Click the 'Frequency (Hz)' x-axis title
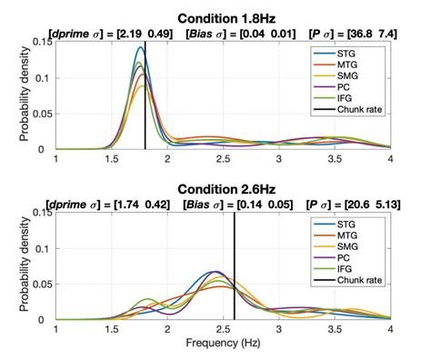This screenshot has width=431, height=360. click(x=223, y=346)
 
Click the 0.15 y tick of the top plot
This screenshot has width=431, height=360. click(x=40, y=42)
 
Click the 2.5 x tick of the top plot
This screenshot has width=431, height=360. click(x=223, y=159)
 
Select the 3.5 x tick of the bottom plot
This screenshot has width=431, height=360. click(x=335, y=330)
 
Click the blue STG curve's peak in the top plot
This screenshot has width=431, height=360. click(x=140, y=47)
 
